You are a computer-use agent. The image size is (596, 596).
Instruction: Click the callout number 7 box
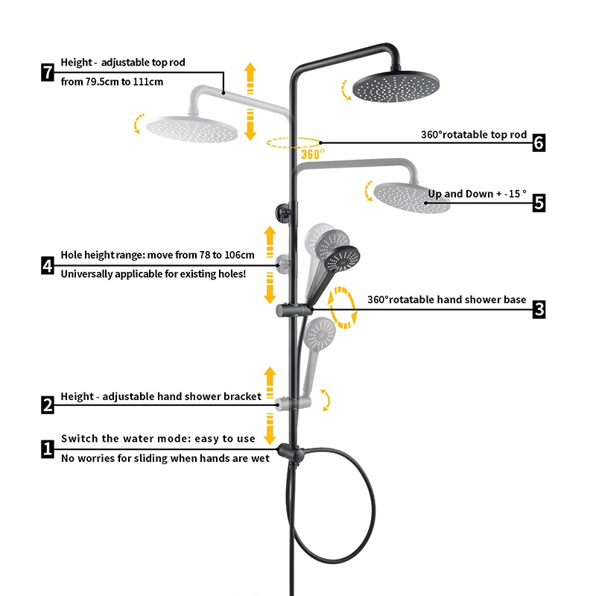pos(48,72)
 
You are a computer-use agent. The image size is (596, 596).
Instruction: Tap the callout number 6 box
pos(539,142)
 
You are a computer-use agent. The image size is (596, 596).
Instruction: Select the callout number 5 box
pos(539,202)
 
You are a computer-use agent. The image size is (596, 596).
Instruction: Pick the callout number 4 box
pos(48,264)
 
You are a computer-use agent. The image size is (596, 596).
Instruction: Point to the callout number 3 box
pos(539,308)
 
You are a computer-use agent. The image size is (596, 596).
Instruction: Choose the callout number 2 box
pos(48,405)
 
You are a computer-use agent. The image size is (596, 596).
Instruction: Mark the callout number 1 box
pos(48,448)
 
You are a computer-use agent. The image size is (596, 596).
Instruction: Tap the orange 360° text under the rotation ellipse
pos(312,154)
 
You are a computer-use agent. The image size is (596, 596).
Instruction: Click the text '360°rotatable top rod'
pos(474,135)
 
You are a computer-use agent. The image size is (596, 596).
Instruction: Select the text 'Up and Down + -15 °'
pos(477,194)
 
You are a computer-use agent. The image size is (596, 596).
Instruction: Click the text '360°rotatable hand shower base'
pos(446,299)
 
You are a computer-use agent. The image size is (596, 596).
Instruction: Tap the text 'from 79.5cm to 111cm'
pos(112,81)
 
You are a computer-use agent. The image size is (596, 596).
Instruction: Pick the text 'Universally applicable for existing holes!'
pos(153,273)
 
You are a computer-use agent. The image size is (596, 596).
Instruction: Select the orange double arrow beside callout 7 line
pos(250,101)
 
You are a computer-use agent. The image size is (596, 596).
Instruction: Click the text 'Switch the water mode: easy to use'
pos(158,439)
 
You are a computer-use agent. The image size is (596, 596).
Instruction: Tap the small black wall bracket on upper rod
pos(283,209)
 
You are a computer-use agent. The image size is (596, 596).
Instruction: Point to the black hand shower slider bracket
pos(291,308)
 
